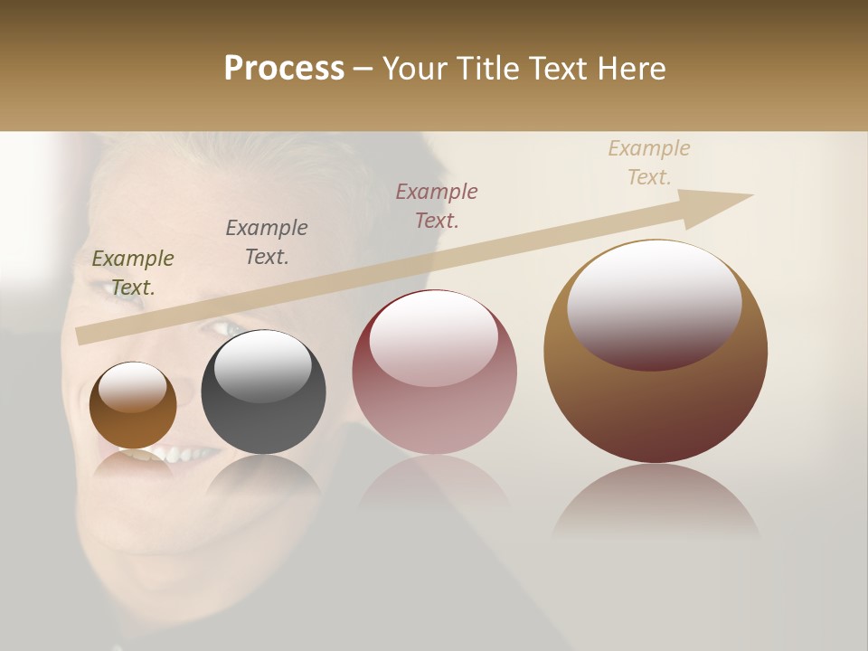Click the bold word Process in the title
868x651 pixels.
click(284, 69)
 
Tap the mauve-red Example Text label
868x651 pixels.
click(437, 205)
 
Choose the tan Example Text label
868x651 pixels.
click(649, 163)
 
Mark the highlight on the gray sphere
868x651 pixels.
click(262, 366)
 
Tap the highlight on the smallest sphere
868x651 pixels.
click(132, 388)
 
